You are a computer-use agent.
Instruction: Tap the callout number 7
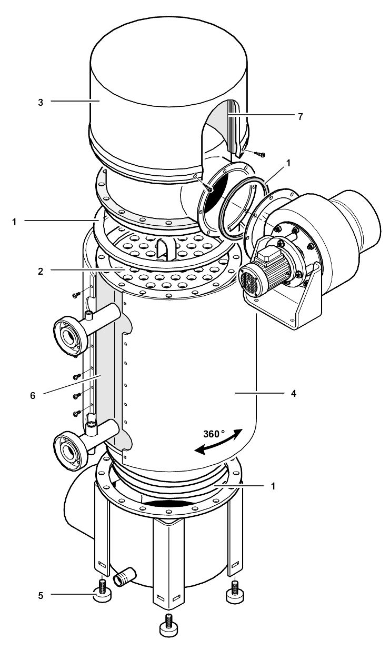[301, 116]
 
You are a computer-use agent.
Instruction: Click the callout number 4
[293, 393]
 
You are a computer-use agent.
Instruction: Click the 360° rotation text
[214, 435]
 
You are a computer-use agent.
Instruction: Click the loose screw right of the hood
[258, 154]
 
